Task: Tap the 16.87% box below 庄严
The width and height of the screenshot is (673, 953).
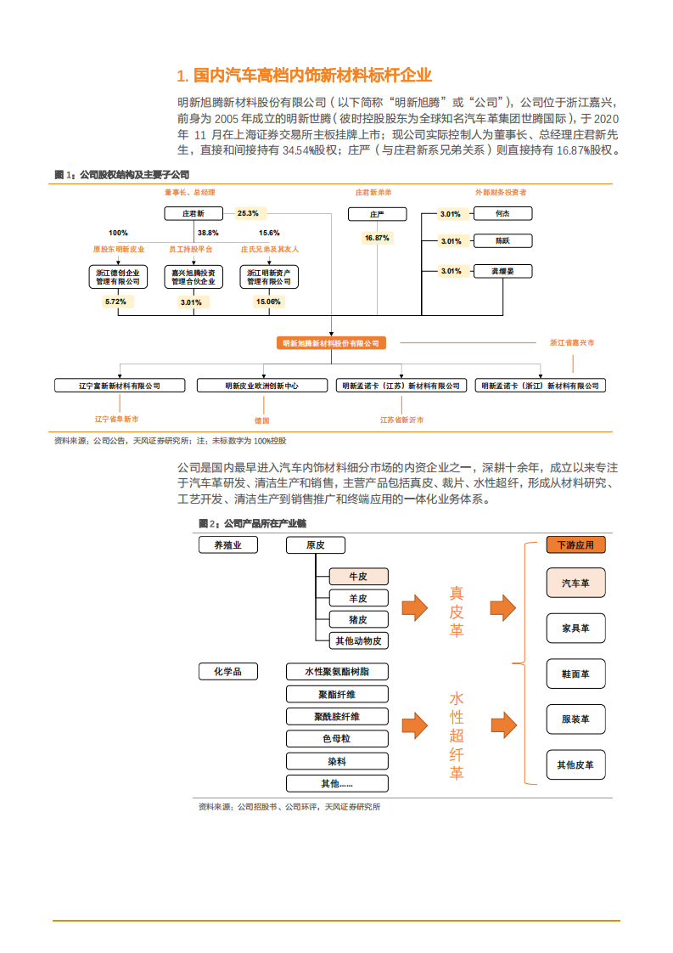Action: point(377,238)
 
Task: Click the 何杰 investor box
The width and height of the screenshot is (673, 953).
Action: point(502,213)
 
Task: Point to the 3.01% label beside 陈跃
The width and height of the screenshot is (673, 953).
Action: point(451,241)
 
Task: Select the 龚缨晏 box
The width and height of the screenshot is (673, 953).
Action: point(502,271)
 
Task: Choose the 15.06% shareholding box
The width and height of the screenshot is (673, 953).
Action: point(268,302)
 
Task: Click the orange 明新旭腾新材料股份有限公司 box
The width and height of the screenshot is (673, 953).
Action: point(331,343)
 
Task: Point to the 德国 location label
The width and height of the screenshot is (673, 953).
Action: point(261,420)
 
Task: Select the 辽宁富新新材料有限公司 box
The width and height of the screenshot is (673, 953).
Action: point(120,386)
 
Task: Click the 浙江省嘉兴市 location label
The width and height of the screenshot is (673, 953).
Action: point(571,343)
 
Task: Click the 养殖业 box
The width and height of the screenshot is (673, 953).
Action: point(227,545)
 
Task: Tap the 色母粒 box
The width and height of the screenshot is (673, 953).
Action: point(337,738)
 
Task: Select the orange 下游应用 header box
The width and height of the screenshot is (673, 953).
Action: point(576,545)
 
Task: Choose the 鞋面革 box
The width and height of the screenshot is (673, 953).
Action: point(576,674)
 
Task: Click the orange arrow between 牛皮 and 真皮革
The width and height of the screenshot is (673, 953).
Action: point(414,607)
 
